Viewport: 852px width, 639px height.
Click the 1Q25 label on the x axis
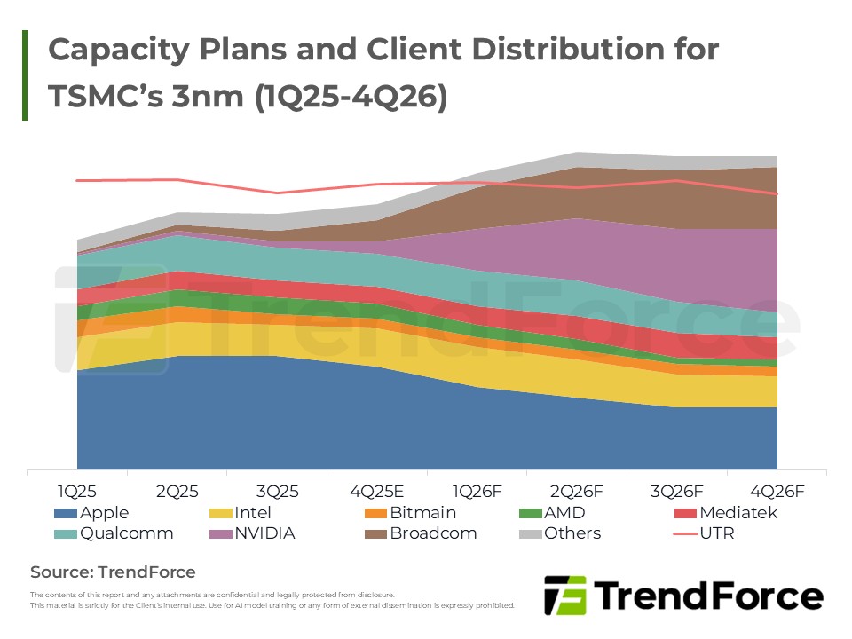[x=77, y=491]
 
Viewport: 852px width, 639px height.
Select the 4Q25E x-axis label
[x=377, y=491]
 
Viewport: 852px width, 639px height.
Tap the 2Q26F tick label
[x=577, y=491]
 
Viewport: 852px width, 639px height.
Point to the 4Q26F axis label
[x=777, y=491]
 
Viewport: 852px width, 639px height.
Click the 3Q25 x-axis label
[x=277, y=491]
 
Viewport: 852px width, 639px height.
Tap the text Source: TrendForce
[x=113, y=572]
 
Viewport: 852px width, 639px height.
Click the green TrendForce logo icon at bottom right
[x=564, y=595]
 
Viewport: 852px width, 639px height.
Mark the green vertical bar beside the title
[x=25, y=75]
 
